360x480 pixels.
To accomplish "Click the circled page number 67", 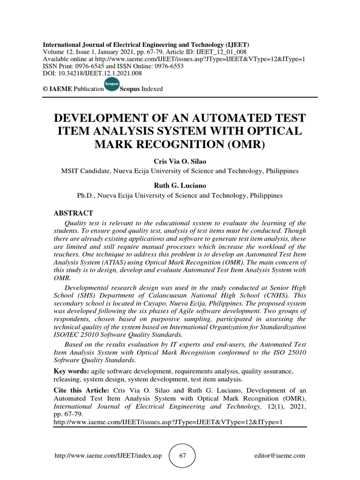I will tap(182, 455).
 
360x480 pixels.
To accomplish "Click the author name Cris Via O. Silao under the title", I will tap(180, 161).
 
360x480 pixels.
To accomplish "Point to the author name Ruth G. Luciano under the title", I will tap(180, 186).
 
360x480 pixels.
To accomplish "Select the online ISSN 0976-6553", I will tap(166, 66).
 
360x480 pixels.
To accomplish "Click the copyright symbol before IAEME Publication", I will tap(45, 89).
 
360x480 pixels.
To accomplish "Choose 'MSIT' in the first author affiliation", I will tap(71, 171).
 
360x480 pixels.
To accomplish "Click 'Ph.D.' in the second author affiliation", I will tap(87, 195).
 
